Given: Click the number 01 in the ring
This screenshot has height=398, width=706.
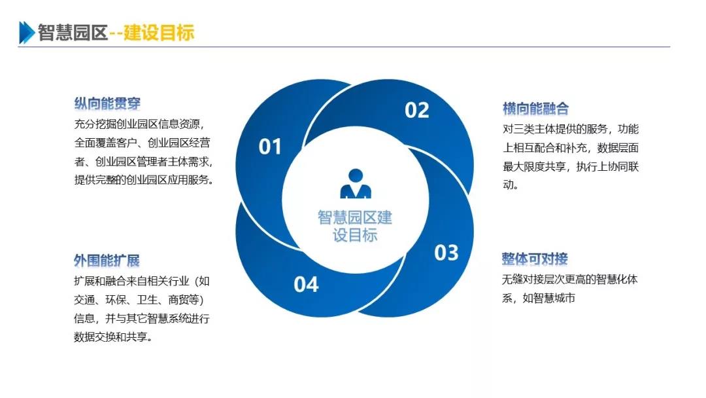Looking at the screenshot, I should pyautogui.click(x=269, y=147).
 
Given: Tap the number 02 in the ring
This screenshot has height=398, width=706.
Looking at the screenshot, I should pyautogui.click(x=416, y=110).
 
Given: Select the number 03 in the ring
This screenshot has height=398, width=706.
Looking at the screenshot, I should pyautogui.click(x=446, y=252).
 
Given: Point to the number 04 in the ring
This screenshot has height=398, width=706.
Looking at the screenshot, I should pyautogui.click(x=306, y=284).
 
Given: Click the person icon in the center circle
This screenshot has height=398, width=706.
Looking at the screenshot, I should pyautogui.click(x=355, y=185).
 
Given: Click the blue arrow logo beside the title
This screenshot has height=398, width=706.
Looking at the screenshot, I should pyautogui.click(x=27, y=32).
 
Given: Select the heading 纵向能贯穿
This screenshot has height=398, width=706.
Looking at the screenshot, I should pyautogui.click(x=107, y=103).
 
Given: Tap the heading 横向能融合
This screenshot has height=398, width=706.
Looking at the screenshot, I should pyautogui.click(x=535, y=108).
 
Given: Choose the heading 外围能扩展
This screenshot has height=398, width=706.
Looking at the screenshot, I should pyautogui.click(x=107, y=261).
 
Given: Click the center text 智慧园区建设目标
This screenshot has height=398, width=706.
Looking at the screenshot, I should pyautogui.click(x=355, y=226).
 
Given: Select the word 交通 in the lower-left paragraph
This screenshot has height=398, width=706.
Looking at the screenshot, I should pyautogui.click(x=85, y=300).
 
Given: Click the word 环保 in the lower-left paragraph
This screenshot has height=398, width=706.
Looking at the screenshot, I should pyautogui.click(x=118, y=300).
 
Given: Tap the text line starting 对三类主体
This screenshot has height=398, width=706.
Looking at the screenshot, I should pyautogui.click(x=571, y=128).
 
